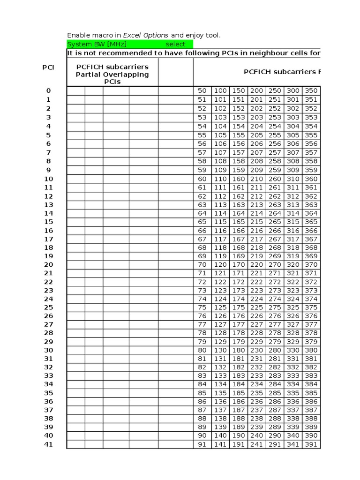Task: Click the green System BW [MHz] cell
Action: point(97,44)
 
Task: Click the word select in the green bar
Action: point(176,44)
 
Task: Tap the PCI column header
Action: point(48,67)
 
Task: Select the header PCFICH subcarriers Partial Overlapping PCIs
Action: point(112,74)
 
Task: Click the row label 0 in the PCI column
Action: point(48,90)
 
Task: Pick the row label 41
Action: point(48,444)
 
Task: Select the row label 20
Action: point(48,264)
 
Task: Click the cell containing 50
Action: point(202,90)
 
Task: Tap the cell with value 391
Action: point(311,444)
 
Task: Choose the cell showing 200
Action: point(256,90)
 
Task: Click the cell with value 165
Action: point(239,222)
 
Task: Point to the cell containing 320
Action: point(293,264)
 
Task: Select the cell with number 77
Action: point(202,324)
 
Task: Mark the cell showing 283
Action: point(275,375)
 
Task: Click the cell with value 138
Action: point(220,419)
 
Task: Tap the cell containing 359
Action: point(311,170)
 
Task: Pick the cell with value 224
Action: point(256,299)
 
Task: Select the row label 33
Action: point(48,375)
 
